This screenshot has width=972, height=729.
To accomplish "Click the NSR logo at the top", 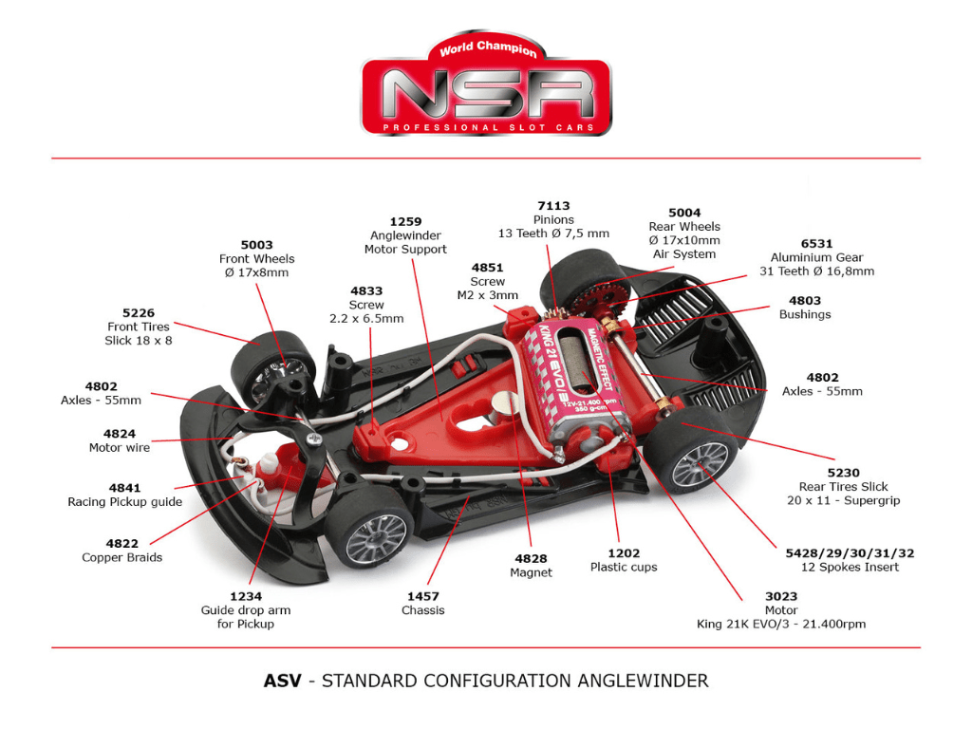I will click(x=486, y=91).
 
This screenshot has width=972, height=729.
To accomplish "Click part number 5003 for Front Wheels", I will click(x=256, y=245).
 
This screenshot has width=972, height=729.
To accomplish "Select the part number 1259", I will click(x=405, y=221).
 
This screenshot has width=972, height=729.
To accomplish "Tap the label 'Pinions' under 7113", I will click(x=553, y=219).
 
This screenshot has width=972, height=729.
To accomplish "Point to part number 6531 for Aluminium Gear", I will click(x=815, y=243).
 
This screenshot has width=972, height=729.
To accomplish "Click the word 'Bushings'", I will click(x=804, y=314).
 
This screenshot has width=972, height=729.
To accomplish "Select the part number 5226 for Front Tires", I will click(x=139, y=312).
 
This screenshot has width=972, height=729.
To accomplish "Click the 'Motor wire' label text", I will click(x=120, y=447).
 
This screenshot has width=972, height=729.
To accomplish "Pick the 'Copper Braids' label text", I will click(x=121, y=557).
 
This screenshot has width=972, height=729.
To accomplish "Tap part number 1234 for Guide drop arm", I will click(x=246, y=596).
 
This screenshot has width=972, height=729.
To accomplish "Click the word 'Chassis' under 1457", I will click(x=422, y=610).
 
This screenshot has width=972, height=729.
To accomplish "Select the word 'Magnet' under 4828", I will click(x=531, y=572).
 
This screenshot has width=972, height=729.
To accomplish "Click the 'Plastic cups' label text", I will click(x=624, y=567).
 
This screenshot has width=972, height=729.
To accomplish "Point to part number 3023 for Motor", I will click(x=781, y=596).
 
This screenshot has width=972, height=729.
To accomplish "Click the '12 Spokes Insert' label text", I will click(x=850, y=567).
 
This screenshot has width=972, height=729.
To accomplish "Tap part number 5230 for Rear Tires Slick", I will click(x=843, y=473).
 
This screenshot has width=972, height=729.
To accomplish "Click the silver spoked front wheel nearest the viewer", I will click(x=376, y=538).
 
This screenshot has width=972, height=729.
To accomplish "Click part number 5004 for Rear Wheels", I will click(x=683, y=213).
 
